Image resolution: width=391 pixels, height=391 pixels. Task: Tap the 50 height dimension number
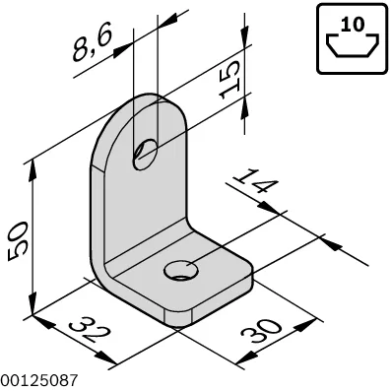point(18,241)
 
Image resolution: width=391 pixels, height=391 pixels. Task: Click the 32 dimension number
point(89,330)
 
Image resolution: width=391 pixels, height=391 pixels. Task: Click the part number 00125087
point(39,380)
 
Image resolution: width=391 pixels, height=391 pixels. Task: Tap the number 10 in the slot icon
point(353,25)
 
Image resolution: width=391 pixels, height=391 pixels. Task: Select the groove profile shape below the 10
point(353,46)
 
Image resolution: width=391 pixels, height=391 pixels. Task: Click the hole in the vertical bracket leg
point(145,154)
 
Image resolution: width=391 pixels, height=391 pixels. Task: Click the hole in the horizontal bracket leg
point(181,270)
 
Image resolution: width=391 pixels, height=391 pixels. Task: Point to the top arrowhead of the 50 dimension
point(32,170)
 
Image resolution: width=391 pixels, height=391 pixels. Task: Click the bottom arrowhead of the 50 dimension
point(33,304)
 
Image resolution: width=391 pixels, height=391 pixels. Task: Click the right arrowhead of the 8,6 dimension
point(167,22)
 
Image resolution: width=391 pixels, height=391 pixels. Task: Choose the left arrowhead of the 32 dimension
point(43,322)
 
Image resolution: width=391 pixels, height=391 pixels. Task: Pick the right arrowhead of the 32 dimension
point(106,358)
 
